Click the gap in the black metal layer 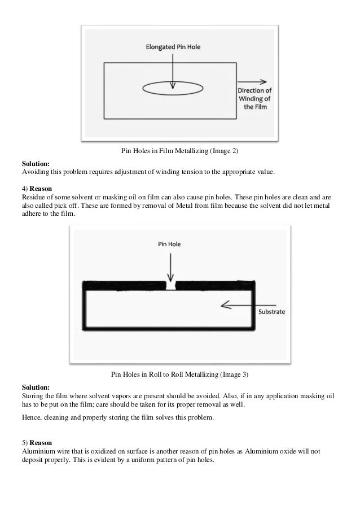[170, 285]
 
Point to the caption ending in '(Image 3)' [180, 374]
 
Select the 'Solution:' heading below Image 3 [36, 387]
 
